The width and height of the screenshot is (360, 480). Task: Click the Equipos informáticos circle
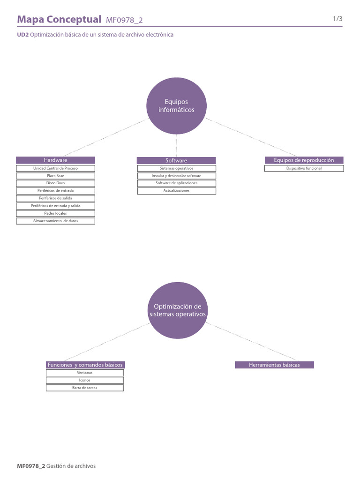coord(176,106)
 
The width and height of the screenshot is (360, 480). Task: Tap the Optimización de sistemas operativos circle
coord(177,310)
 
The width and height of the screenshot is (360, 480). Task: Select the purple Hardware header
coord(55,160)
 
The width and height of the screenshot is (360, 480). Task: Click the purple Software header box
coord(176,161)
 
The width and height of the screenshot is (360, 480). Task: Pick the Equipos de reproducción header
coord(304,160)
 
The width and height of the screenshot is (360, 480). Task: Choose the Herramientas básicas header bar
coord(274,365)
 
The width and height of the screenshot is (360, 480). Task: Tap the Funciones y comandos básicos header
coord(85,365)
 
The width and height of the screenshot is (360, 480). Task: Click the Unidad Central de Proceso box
coord(55,168)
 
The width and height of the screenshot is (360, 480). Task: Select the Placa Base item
coord(55,176)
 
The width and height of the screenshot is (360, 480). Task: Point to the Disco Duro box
coord(55,183)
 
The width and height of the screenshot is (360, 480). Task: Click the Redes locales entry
coord(55,213)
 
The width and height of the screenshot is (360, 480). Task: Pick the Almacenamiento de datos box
coord(55,221)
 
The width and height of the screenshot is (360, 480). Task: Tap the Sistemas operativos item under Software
coord(176,168)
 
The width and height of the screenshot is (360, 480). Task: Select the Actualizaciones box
coord(176,191)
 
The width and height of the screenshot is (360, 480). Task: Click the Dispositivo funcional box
coord(304,168)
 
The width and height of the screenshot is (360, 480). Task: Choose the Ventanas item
coord(85,373)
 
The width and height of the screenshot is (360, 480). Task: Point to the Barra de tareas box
coord(85,388)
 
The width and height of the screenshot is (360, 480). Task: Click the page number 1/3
coord(337,19)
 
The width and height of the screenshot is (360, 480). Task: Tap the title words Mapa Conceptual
coord(59,19)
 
